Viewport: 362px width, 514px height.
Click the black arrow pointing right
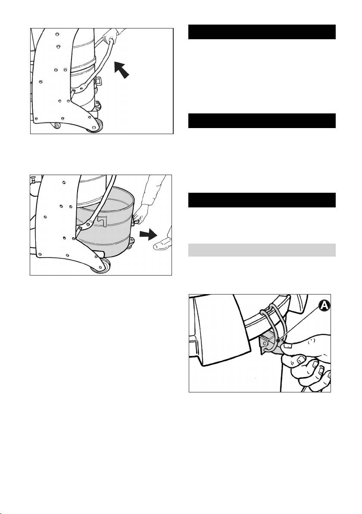tap(148, 235)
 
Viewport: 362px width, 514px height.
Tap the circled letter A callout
tap(324, 306)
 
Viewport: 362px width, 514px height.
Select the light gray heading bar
tap(262, 250)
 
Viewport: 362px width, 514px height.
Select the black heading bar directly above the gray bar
tap(262, 200)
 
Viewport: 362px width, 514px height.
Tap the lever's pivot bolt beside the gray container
tap(80, 227)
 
